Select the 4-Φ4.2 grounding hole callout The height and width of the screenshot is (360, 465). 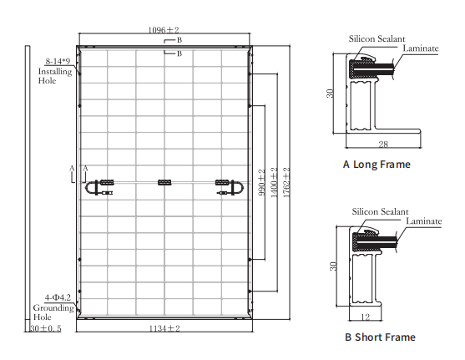point(55,298)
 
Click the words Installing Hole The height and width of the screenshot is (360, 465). point(54,77)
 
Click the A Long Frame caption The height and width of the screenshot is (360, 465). point(377,165)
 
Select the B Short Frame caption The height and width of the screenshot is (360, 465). point(380,337)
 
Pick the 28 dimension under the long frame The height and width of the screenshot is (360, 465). point(382,145)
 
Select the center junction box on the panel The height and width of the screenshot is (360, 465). point(164,182)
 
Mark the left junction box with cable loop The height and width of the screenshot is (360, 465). point(104,185)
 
